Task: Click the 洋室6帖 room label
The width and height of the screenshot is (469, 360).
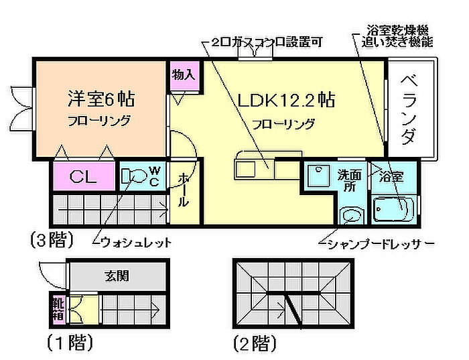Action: [x=100, y=99]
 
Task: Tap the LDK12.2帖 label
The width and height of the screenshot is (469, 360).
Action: [x=286, y=101]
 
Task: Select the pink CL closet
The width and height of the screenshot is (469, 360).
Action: [x=84, y=178]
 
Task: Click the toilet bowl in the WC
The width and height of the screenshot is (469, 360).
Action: [x=135, y=177]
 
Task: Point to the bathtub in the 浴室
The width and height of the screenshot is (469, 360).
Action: [x=393, y=210]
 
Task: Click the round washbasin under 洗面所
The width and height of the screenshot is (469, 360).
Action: [x=350, y=215]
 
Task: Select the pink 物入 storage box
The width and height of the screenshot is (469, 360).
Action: [x=183, y=74]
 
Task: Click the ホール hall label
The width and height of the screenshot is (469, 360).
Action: [x=184, y=192]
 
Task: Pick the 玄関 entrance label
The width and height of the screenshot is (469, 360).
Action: [x=117, y=275]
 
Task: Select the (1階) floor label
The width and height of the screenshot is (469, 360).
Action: [x=69, y=344]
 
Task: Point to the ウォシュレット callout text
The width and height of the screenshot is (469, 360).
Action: [x=135, y=241]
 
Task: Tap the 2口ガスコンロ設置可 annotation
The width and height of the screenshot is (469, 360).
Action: [x=267, y=42]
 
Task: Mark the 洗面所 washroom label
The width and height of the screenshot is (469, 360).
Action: [x=350, y=180]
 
